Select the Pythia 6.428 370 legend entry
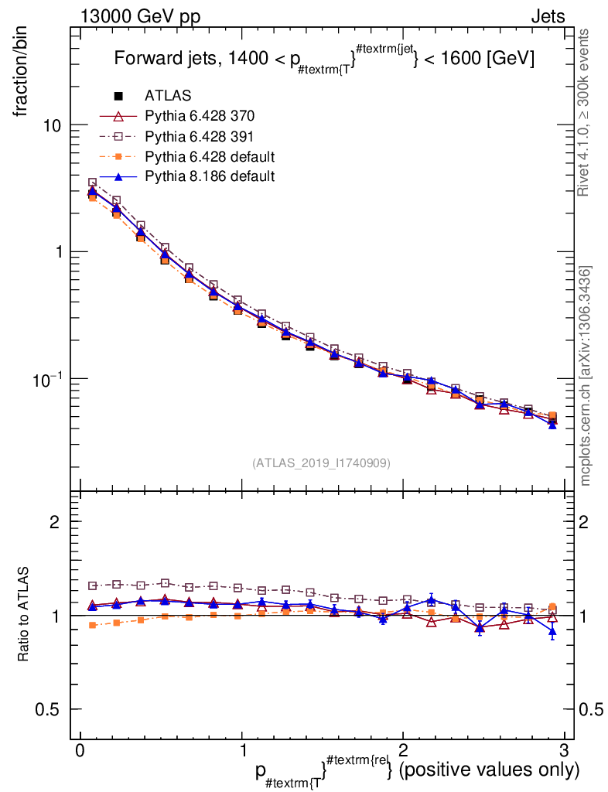(200, 116)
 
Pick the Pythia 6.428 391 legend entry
(200, 136)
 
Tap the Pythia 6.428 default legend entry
(210, 156)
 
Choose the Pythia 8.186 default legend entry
(210, 176)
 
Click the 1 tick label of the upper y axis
(58, 252)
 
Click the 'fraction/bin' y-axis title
(22, 74)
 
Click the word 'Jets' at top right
(548, 15)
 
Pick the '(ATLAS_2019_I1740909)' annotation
(321, 463)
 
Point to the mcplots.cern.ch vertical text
(586, 376)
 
